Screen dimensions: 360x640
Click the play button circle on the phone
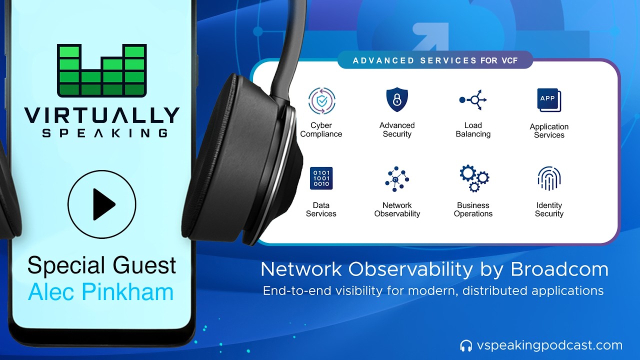[102, 204]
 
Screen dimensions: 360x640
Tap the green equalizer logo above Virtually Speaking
[102, 70]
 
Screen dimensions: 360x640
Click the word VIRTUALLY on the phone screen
[102, 115]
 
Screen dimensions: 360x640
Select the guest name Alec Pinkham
[101, 291]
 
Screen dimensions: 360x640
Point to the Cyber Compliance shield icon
[321, 100]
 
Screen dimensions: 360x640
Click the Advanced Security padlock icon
[397, 99]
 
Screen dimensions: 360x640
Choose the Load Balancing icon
[473, 100]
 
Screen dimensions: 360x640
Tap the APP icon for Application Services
[548, 100]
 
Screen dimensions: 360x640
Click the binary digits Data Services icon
[321, 178]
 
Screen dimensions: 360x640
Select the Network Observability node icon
[397, 179]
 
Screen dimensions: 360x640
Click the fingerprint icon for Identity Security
[549, 178]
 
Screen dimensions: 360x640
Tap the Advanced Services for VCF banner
[434, 60]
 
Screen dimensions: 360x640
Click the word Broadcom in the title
[559, 269]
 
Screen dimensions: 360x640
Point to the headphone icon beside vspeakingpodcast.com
[466, 345]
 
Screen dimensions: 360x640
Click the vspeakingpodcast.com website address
[549, 345]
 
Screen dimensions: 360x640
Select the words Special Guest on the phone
[101, 265]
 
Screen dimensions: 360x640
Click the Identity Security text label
[549, 209]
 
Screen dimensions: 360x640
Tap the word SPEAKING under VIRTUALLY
[104, 133]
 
